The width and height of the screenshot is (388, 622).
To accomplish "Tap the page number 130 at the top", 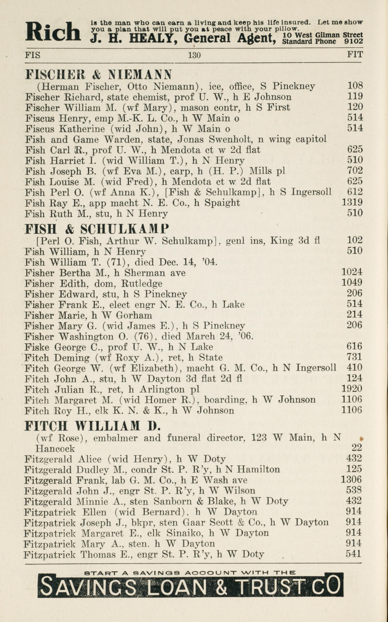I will [x=194, y=55].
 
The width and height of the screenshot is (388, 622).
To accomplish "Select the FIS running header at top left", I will [x=33, y=55].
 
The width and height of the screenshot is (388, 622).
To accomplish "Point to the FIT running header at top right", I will [x=355, y=54].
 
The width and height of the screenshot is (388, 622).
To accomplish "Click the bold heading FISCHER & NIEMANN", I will [x=98, y=74].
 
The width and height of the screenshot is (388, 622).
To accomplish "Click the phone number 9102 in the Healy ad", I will [x=354, y=41].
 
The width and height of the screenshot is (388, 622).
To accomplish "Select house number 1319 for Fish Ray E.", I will [x=352, y=202].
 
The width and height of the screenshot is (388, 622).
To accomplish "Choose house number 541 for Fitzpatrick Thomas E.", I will [x=353, y=554].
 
